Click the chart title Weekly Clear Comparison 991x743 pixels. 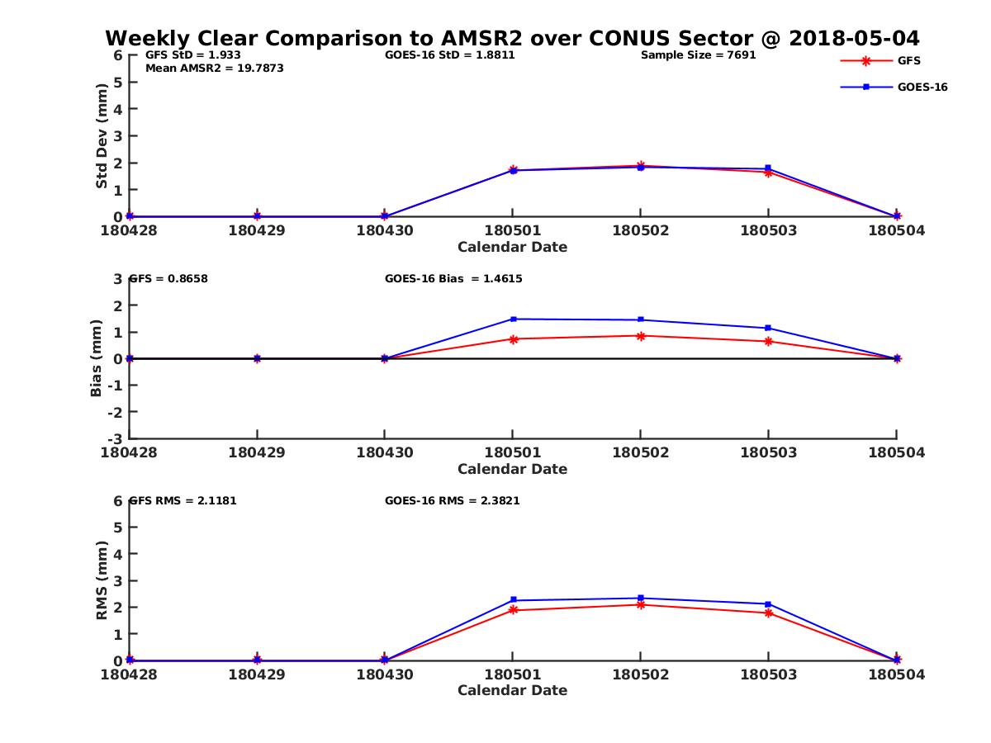(x=512, y=39)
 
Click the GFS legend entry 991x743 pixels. (x=908, y=60)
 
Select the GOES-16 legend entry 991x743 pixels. (x=922, y=87)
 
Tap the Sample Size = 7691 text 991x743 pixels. (x=698, y=55)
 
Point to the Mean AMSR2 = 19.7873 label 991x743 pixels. (x=214, y=69)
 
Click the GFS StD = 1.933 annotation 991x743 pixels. (x=192, y=55)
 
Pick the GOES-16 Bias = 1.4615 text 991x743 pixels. (x=453, y=279)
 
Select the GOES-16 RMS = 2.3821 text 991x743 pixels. (x=452, y=501)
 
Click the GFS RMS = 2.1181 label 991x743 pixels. (x=183, y=501)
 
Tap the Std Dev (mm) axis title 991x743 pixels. (x=102, y=136)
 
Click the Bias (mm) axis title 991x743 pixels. (x=97, y=358)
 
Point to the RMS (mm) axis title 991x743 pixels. (x=102, y=580)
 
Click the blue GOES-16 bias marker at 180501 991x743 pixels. (x=513, y=319)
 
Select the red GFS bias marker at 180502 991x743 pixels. (x=641, y=335)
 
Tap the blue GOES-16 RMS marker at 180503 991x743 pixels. (x=769, y=604)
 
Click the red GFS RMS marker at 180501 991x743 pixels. (x=513, y=610)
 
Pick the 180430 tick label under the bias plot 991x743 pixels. (x=384, y=452)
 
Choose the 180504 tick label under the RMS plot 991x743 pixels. (x=896, y=674)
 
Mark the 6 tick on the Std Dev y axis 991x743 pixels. (x=118, y=55)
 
